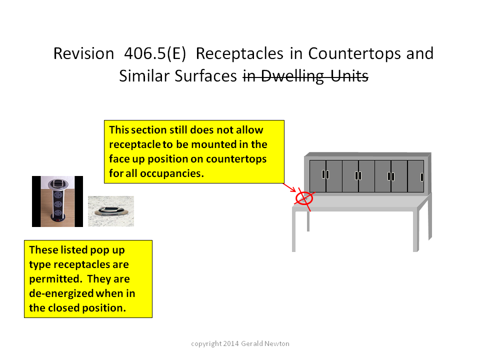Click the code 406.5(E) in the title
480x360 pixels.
pyautogui.click(x=155, y=53)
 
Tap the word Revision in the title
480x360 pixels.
pyautogui.click(x=83, y=53)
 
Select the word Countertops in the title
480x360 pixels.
pyautogui.click(x=355, y=54)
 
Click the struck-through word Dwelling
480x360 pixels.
pyautogui.click(x=292, y=76)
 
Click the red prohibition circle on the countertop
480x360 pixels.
pyautogui.click(x=304, y=198)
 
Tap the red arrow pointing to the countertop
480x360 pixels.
pyautogui.click(x=289, y=187)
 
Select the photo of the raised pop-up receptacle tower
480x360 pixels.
pyautogui.click(x=57, y=201)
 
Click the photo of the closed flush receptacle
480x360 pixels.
pyautogui.click(x=111, y=211)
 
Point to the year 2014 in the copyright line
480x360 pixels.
pyautogui.click(x=231, y=343)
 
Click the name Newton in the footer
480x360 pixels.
pyautogui.click(x=276, y=343)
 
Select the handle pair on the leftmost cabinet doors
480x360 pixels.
pyautogui.click(x=325, y=174)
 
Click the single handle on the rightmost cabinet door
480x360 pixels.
pyautogui.click(x=422, y=177)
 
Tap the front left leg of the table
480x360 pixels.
pyautogui.click(x=294, y=231)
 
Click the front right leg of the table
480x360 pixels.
pyautogui.click(x=415, y=231)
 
